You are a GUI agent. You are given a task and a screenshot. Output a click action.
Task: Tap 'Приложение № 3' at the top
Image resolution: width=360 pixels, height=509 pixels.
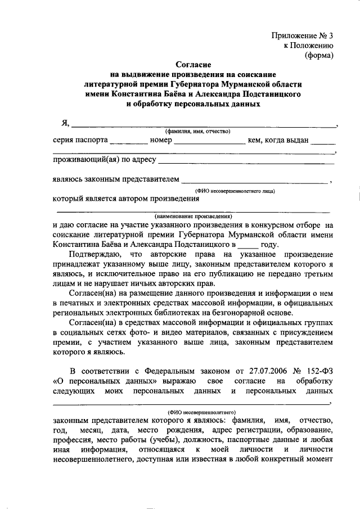pos(303,35)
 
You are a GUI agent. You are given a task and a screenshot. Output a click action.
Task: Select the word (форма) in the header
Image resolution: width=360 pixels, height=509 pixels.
pos(319,55)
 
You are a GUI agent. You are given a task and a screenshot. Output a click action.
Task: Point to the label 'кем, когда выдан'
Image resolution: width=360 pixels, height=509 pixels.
pos(278,140)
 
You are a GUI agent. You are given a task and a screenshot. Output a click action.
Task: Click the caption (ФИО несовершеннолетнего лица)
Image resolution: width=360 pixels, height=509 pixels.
pos(235,191)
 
